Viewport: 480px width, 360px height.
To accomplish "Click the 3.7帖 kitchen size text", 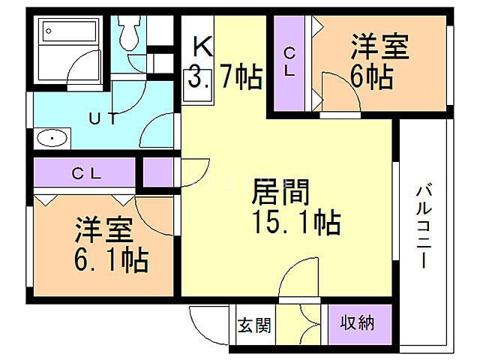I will [225, 76].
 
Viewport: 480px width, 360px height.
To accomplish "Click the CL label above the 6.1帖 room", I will [85, 172].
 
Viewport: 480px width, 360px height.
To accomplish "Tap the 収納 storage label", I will [358, 323].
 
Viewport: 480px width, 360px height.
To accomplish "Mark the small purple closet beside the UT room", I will [157, 172].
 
